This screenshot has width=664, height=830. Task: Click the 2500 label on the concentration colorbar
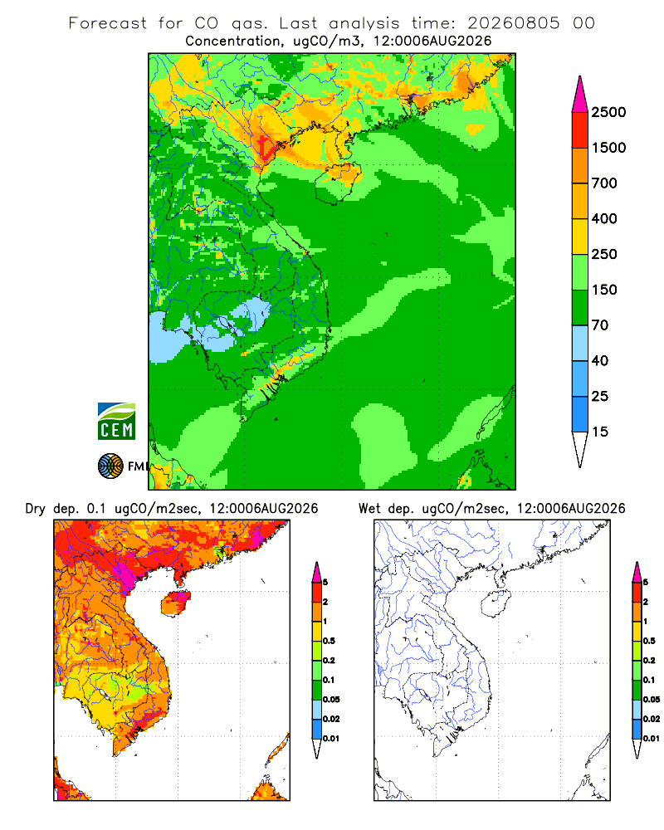[x=608, y=112]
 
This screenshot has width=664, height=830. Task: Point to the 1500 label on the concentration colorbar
[x=608, y=148]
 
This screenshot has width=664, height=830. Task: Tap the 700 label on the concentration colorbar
[x=604, y=183]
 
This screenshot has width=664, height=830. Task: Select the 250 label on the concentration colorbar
[x=604, y=254]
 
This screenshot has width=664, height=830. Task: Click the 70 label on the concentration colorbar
[x=600, y=325]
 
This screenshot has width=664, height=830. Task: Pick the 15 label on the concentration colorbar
[x=600, y=432]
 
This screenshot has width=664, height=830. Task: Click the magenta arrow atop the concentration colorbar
[x=580, y=94]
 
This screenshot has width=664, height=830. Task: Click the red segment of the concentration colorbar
[x=580, y=130]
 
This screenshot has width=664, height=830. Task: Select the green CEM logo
[x=116, y=422]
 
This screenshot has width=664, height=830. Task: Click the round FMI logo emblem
[x=110, y=466]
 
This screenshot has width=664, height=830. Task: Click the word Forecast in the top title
[x=108, y=23]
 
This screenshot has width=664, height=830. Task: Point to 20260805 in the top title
[x=513, y=23]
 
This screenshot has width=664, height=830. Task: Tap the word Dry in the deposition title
[x=36, y=509]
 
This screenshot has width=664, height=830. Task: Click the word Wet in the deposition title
[x=369, y=509]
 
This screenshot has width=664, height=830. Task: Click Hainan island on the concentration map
[x=339, y=183]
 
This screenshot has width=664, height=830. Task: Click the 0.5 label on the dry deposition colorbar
[x=329, y=641]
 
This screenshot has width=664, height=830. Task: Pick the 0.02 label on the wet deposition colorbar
[x=652, y=719]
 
